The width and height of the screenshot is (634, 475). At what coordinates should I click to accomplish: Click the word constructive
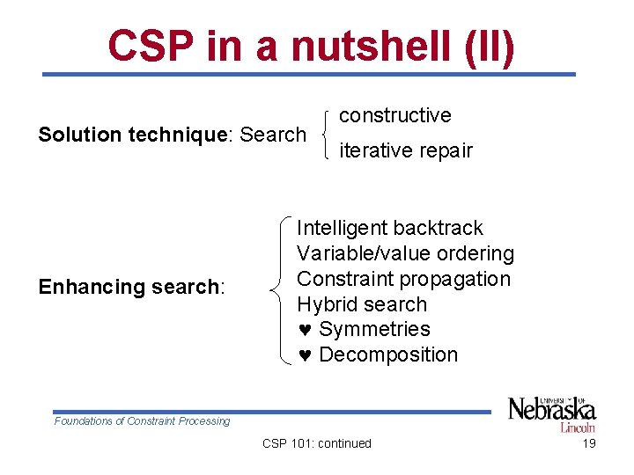pyautogui.click(x=394, y=115)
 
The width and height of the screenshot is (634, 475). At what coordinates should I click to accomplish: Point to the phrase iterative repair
pyautogui.click(x=406, y=150)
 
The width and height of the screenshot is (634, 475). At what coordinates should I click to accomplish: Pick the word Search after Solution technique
pyautogui.click(x=273, y=135)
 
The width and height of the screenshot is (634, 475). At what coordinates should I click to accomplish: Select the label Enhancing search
pyautogui.click(x=132, y=287)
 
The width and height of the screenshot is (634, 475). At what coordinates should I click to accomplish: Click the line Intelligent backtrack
pyautogui.click(x=389, y=228)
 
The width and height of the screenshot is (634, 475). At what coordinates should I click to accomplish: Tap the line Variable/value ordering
pyautogui.click(x=405, y=253)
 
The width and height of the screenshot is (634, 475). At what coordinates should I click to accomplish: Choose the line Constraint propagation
pyautogui.click(x=403, y=279)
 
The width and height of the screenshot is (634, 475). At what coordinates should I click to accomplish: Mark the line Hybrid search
pyautogui.click(x=361, y=304)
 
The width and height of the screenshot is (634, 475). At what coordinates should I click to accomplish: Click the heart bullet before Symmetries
pyautogui.click(x=304, y=330)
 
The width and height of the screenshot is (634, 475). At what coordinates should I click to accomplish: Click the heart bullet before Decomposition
pyautogui.click(x=304, y=355)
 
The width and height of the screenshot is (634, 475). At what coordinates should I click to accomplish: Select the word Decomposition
pyautogui.click(x=388, y=355)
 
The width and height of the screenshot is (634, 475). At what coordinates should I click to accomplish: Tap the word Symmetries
pyautogui.click(x=374, y=330)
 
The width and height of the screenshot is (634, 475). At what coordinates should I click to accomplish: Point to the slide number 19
pyautogui.click(x=589, y=443)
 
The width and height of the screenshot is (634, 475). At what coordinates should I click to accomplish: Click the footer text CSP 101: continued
pyautogui.click(x=317, y=443)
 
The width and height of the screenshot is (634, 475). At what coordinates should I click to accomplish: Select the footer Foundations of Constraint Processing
pyautogui.click(x=142, y=420)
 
